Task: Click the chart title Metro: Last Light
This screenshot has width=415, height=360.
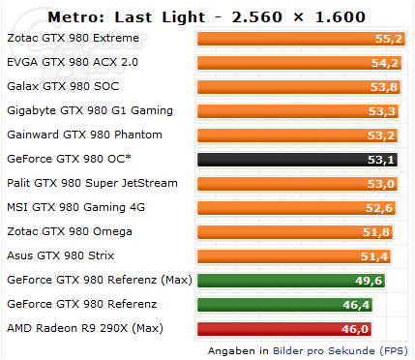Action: pos(127,17)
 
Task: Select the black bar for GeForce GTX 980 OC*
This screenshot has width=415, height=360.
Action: pos(297,160)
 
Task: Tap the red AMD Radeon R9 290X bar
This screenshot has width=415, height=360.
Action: pos(284,329)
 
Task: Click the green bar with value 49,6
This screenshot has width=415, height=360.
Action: pos(291,281)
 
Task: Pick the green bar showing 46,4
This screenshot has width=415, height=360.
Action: pos(285,305)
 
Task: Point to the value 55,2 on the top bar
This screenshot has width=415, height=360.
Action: pos(389,39)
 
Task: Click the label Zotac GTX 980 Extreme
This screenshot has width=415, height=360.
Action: pos(73,38)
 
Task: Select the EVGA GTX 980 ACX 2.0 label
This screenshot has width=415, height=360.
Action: pos(73,62)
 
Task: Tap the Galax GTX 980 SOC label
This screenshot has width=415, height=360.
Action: pos(63,86)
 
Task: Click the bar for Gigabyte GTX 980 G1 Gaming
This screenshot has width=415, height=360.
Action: pos(298,111)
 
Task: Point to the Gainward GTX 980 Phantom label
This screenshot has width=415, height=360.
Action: pos(84,135)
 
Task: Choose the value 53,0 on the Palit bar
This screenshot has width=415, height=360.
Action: pos(381,184)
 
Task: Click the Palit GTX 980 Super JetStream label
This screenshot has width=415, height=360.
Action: pos(92,183)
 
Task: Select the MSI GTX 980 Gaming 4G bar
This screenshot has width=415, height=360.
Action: pos(297,208)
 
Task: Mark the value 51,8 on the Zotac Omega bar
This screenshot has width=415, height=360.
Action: pos(376,232)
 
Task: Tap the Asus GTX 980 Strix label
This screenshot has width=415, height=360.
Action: pos(61,255)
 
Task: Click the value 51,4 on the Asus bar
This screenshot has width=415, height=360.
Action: pos(374,256)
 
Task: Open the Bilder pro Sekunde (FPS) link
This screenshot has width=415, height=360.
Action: pos(341,350)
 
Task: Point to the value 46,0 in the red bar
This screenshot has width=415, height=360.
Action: pos(355,329)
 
